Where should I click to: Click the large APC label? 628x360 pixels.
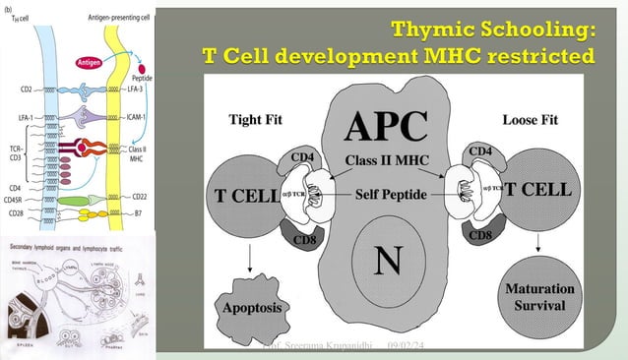(385, 126)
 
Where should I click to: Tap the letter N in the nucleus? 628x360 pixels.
(385, 260)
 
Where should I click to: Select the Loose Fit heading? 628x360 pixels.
(530, 122)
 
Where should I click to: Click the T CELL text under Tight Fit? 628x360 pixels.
(245, 195)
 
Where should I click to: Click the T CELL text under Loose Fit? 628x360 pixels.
(537, 191)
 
